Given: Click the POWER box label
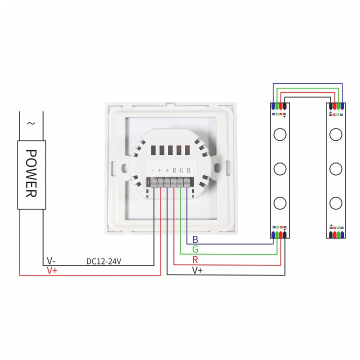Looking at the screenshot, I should click(31, 173).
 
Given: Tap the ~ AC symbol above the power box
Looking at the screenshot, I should click(31, 123).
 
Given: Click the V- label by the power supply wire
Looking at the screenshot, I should click(51, 261).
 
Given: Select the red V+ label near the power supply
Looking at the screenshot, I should click(52, 270).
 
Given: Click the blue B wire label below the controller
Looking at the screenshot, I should click(195, 239).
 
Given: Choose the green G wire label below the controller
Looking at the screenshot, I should click(195, 249).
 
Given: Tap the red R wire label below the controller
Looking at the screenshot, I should click(195, 260).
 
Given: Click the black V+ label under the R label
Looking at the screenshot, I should click(198, 270).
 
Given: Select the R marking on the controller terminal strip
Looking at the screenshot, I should click(174, 170).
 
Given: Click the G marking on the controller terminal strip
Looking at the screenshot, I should click(181, 170).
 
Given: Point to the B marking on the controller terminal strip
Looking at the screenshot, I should click(188, 170).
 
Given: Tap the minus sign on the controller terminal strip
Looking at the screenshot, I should click(152, 170).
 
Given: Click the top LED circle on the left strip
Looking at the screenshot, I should click(280, 133).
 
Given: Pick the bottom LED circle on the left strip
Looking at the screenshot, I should click(280, 203).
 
